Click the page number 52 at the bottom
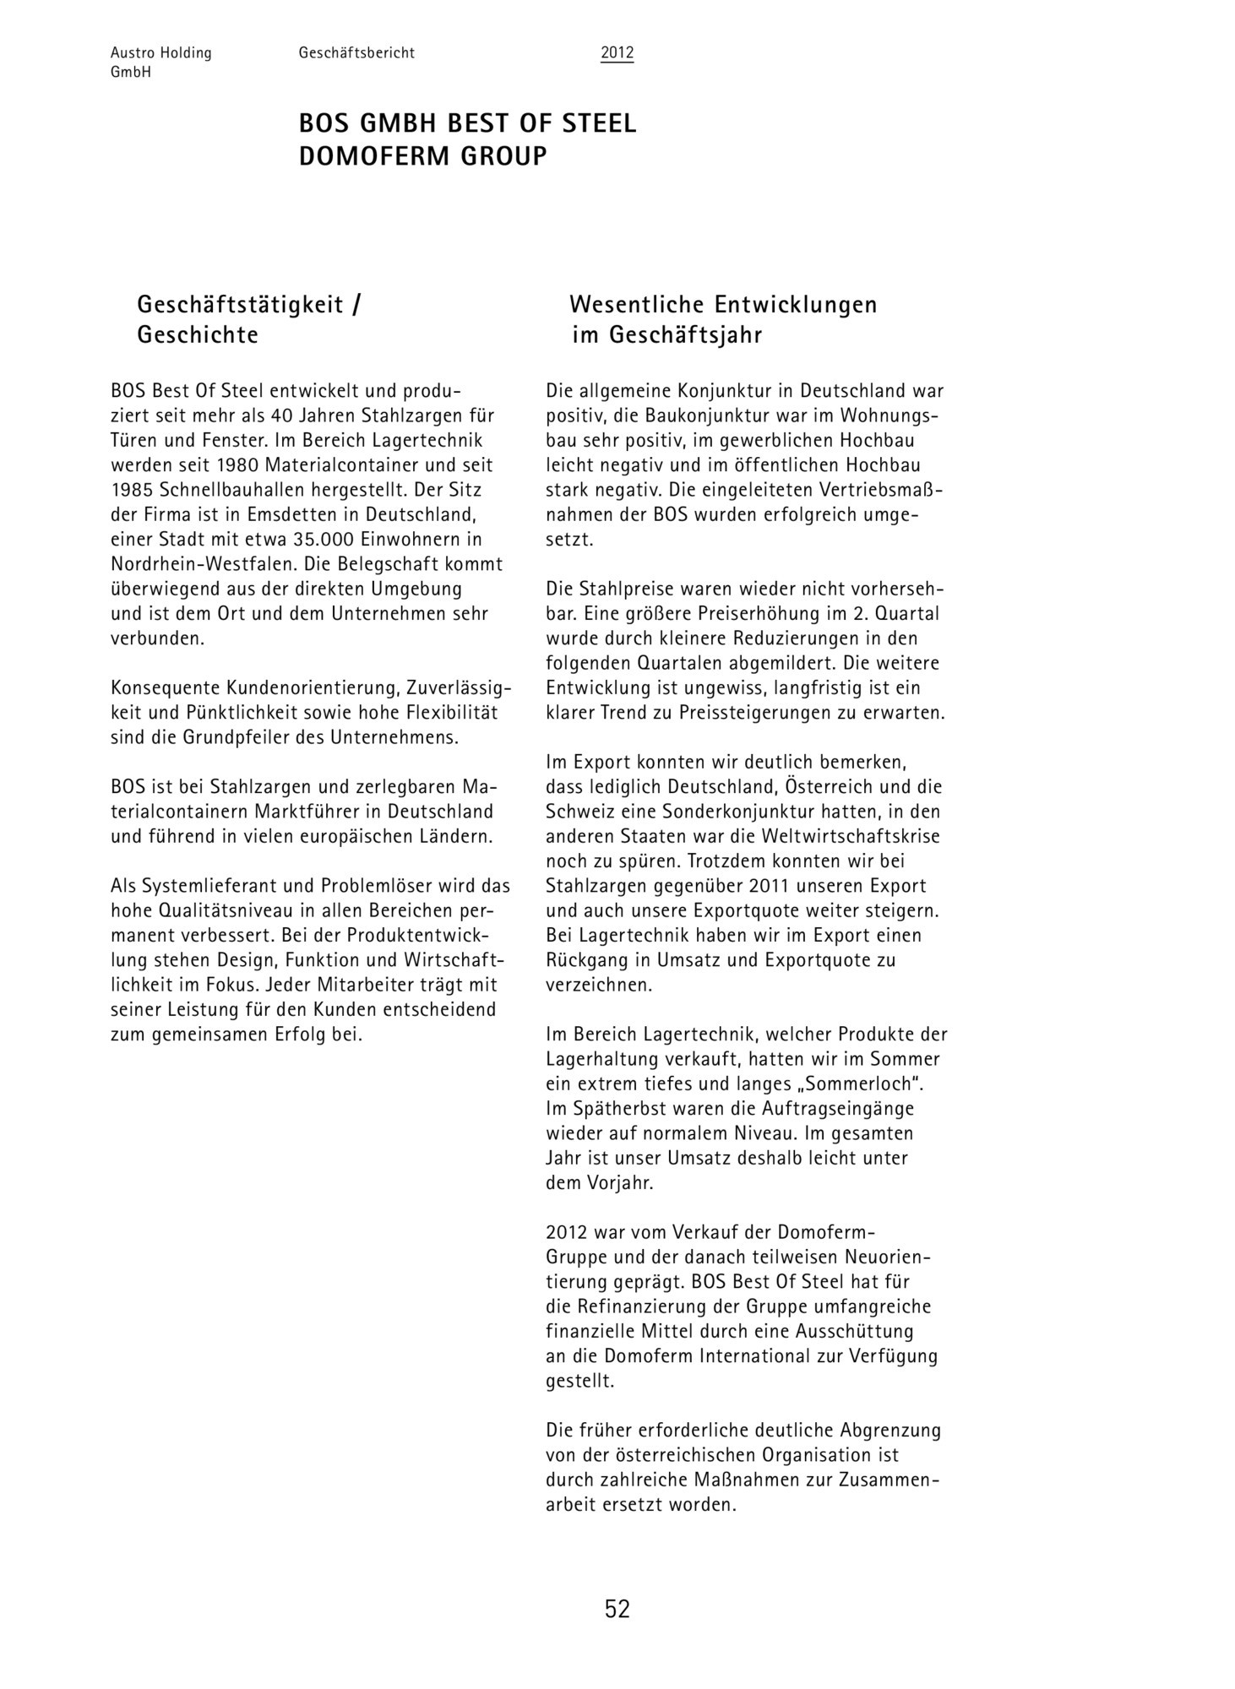click(x=617, y=1609)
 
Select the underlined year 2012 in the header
click(x=617, y=53)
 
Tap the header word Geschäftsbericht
click(x=356, y=53)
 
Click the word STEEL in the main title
click(x=599, y=124)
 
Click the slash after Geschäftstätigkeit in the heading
click(x=356, y=304)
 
